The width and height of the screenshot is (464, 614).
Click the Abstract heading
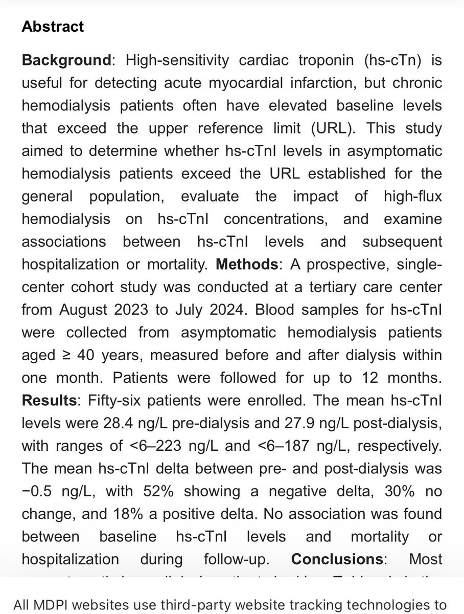53,27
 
